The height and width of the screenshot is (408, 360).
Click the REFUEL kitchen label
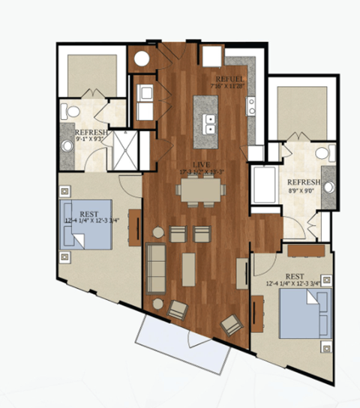pos(230,79)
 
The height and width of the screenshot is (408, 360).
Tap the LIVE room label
pos(199,163)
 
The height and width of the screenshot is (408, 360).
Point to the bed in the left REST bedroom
pos(87,223)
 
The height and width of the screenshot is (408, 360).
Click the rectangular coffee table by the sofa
pos(189,268)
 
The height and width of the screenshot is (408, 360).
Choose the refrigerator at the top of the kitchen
pos(211,57)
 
